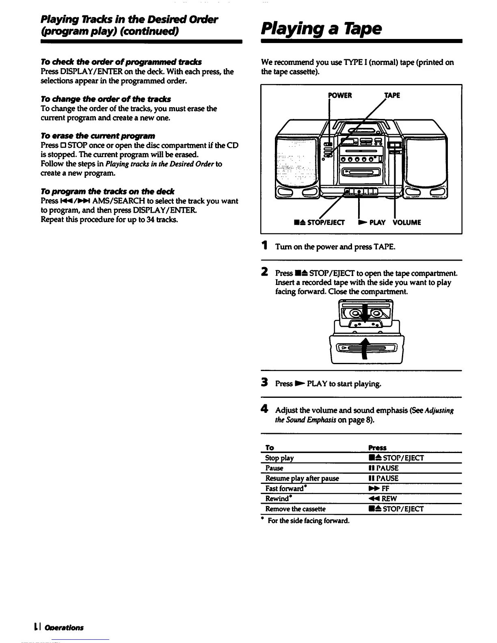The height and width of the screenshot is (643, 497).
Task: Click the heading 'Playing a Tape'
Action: [321, 28]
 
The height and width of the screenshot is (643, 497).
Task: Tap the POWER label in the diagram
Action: [340, 95]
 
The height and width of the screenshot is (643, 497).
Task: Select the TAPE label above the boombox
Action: [392, 95]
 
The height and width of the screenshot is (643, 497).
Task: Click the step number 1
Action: [265, 246]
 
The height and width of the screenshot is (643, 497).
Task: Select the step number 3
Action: [265, 383]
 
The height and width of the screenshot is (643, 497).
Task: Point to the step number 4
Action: [265, 410]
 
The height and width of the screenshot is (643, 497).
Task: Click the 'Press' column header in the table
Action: [377, 448]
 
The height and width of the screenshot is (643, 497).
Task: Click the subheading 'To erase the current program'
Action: [98, 136]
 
